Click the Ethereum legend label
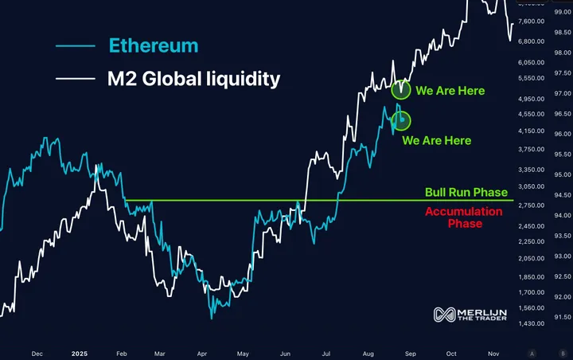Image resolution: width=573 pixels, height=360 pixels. [153, 45]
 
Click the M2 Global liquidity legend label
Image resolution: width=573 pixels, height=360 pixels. [194, 79]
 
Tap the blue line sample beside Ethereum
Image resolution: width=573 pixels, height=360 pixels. [76, 46]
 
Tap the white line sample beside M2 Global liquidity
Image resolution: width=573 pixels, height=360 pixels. [76, 80]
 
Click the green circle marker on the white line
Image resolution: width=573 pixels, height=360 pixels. [401, 88]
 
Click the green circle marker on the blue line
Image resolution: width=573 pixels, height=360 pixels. [402, 121]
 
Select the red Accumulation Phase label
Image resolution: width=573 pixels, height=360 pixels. [464, 217]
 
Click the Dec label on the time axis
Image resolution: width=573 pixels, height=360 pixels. [37, 351]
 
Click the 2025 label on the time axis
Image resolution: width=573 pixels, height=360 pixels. [79, 351]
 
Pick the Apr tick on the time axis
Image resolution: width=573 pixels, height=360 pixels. [201, 351]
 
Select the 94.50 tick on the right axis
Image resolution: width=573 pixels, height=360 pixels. [561, 195]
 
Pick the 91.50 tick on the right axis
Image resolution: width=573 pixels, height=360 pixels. [561, 317]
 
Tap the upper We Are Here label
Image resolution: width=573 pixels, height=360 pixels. [450, 91]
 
